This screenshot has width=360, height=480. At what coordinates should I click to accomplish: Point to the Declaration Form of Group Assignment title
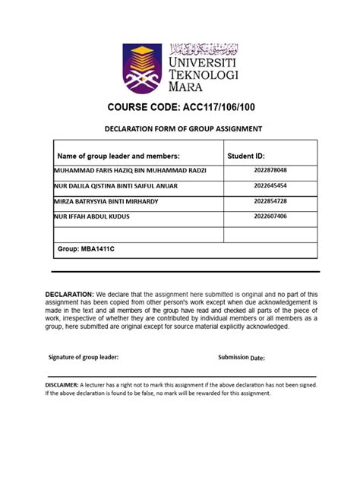183,129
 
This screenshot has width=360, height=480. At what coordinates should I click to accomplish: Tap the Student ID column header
247,155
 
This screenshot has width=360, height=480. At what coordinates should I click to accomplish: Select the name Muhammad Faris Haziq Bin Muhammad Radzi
130,170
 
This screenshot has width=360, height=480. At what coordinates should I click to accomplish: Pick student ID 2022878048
271,170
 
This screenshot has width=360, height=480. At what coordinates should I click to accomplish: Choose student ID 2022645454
271,185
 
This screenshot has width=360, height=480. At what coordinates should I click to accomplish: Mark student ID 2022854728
271,201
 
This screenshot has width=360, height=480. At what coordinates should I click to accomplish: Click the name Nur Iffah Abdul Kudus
92,216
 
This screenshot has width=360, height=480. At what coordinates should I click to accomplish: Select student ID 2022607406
271,216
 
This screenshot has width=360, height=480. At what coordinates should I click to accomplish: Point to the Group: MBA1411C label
84,248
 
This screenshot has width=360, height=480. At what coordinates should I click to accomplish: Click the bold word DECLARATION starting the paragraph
69,293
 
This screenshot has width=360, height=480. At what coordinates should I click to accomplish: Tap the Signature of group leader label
84,357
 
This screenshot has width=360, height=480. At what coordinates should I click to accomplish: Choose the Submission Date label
242,357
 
